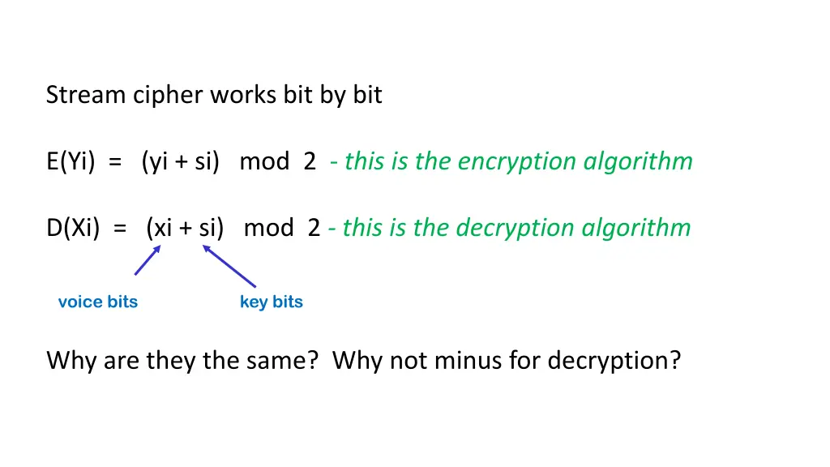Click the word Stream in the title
[86, 96]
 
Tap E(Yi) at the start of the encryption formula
[71, 161]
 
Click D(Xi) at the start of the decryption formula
[73, 228]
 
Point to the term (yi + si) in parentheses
[181, 161]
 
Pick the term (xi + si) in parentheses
[185, 228]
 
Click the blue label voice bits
[98, 302]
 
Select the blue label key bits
[271, 302]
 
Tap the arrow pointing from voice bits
[148, 260]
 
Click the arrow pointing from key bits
[229, 266]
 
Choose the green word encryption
[516, 161]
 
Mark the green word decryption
[515, 228]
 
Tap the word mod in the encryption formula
[264, 161]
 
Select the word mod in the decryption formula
[268, 228]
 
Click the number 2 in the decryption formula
[314, 228]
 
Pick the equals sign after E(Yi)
[115, 162]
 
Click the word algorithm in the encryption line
[638, 161]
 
